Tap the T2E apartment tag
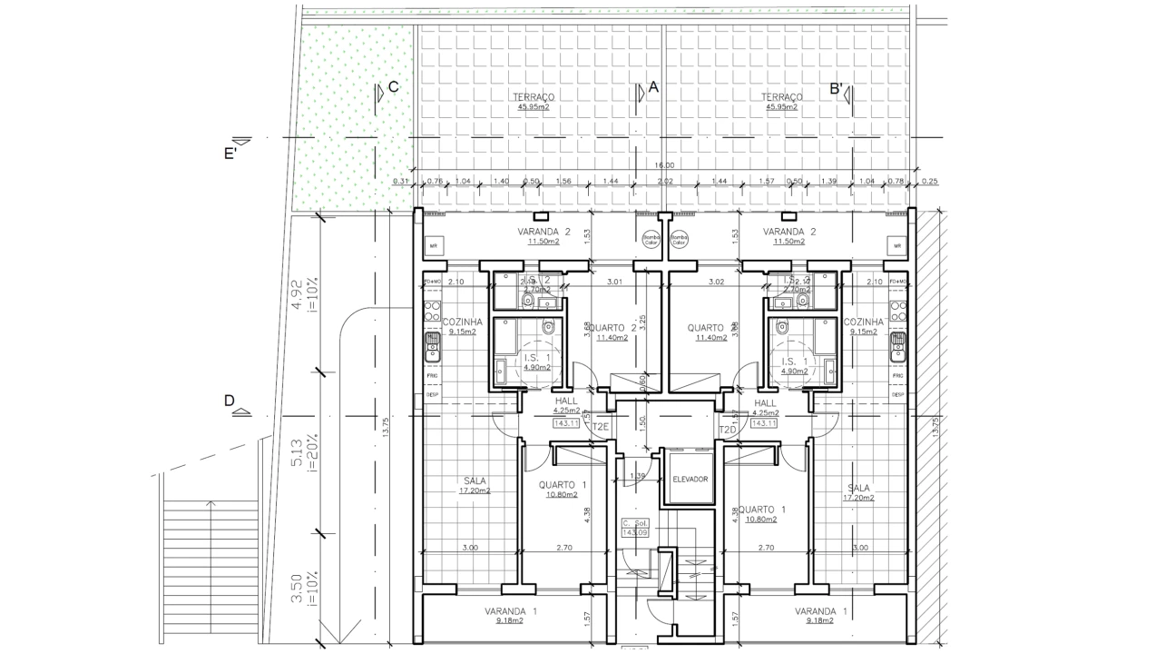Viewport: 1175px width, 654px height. pos(600,427)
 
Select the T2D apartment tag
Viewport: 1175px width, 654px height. pos(727,429)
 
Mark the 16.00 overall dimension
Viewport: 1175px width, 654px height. pos(664,164)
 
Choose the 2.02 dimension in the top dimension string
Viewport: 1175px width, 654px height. pos(664,181)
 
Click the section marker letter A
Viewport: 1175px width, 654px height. pos(652,87)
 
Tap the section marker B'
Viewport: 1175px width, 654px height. pos(837,89)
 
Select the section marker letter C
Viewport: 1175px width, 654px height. pos(393,87)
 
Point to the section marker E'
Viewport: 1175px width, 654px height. pos(230,154)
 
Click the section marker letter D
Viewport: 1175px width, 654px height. pos(230,401)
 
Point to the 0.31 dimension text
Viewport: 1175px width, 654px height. pos(400,181)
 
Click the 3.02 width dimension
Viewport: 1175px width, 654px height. pos(716,282)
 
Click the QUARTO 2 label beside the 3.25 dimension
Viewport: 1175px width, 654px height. pos(605,328)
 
